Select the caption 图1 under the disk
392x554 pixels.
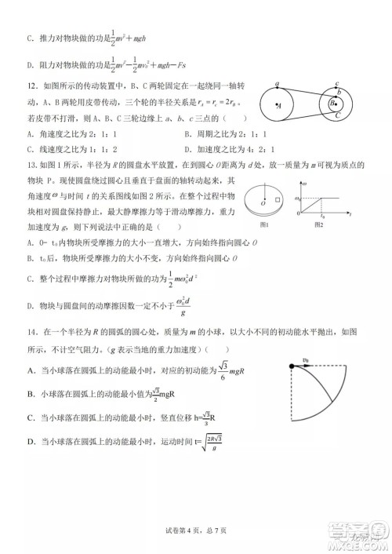pyautogui.click(x=264, y=226)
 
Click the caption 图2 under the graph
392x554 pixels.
pyautogui.click(x=319, y=226)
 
